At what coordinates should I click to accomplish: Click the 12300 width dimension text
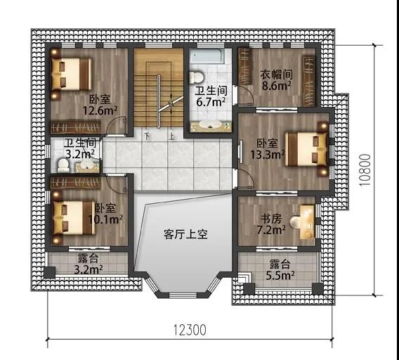point(190,330)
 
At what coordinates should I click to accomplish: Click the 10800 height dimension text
point(365,170)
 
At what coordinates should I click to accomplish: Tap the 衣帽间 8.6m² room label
point(276,79)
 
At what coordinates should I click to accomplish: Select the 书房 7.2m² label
point(270,224)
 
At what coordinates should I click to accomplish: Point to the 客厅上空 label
point(185,234)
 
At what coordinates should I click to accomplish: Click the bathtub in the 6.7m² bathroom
point(209,56)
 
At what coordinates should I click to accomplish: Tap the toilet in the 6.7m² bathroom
point(197,77)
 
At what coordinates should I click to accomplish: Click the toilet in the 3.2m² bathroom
point(63,165)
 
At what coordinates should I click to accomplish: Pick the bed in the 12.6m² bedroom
point(71,74)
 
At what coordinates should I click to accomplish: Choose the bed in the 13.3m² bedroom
point(306,149)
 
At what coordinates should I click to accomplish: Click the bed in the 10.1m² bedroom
point(74,218)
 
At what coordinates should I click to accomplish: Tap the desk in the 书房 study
point(308,221)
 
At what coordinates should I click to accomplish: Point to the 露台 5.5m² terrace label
point(280,269)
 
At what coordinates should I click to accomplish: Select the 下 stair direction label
point(148,136)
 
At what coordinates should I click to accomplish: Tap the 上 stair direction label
point(171,137)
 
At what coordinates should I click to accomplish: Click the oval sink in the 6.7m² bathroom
point(211,124)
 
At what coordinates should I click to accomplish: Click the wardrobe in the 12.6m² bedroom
point(76,127)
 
